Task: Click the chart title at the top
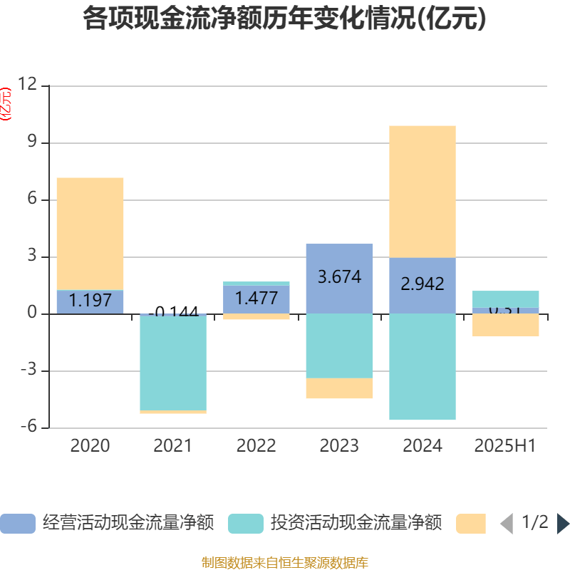point(284,19)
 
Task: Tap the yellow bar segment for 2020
point(90,234)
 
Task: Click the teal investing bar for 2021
point(173,362)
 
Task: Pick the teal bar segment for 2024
point(423,367)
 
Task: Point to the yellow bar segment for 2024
point(423,191)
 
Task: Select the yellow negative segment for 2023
point(339,388)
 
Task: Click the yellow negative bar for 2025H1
point(506,325)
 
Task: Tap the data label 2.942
point(423,284)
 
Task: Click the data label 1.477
point(256,299)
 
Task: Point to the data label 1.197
point(90,301)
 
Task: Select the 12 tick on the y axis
point(28,85)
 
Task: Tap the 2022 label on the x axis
point(256,446)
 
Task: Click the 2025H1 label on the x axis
point(505,446)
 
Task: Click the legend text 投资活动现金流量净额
point(356,524)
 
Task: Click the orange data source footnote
point(284,563)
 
